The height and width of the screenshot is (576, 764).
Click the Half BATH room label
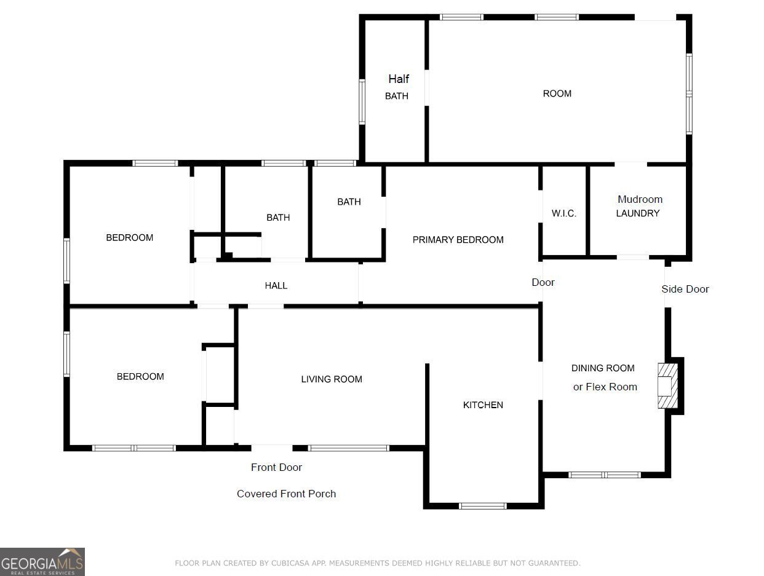pos(397,87)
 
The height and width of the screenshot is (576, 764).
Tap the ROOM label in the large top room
pos(557,93)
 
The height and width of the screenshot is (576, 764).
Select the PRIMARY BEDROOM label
pos(458,240)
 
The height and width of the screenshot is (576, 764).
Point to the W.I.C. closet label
pos(564,213)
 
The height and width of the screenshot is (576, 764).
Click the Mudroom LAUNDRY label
pos(639,207)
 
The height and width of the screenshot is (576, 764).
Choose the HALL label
pos(276,286)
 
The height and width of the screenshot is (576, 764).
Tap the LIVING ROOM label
pos(332,379)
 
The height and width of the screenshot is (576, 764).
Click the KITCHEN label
pos(483,405)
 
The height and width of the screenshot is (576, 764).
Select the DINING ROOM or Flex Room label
pos(604,377)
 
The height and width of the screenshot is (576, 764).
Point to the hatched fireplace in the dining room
pos(667,385)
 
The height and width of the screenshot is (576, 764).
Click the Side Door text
pos(685,289)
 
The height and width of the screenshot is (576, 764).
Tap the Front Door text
pos(276,467)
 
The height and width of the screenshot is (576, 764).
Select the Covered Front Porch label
pos(286,494)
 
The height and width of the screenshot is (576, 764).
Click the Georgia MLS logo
pos(42,562)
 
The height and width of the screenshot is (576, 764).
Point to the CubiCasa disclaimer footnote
pos(377,563)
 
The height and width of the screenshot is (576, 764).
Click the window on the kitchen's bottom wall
pos(482,506)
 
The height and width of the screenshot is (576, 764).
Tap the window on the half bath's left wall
pos(362,102)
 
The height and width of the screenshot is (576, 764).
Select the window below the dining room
pos(605,475)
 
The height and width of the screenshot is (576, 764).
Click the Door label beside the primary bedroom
pos(543,282)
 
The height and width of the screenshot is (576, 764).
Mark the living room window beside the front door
pos(348,448)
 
